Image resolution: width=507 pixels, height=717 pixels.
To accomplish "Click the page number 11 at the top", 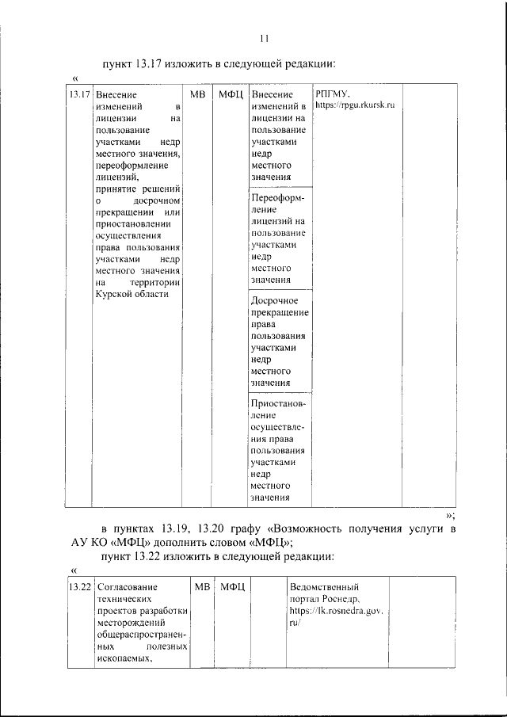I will tap(265, 39).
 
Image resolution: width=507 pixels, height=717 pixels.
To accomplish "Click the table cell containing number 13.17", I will tap(78, 95).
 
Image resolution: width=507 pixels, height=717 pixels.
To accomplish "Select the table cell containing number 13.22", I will tap(78, 588).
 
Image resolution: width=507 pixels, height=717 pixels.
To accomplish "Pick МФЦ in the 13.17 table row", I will tap(230, 95).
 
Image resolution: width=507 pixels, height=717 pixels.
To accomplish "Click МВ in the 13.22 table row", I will tap(201, 588).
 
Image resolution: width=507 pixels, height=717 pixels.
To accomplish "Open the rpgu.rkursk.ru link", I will tap(356, 105).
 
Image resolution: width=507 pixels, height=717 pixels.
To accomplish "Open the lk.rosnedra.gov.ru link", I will tap(336, 612).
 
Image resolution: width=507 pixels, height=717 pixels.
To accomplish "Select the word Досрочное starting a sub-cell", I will tap(274, 301).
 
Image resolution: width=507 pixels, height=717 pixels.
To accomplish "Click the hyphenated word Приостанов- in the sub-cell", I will tap(277, 402).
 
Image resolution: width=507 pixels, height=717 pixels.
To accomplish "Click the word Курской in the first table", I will tap(112, 294).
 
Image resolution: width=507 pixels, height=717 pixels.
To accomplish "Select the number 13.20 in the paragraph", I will tap(216, 528).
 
